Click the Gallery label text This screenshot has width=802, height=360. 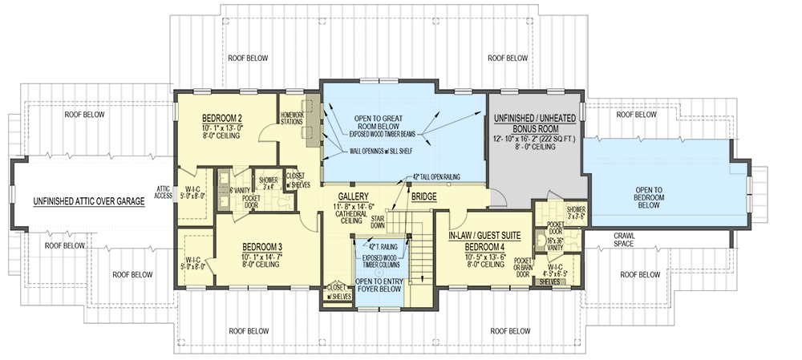pyautogui.click(x=352, y=196)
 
